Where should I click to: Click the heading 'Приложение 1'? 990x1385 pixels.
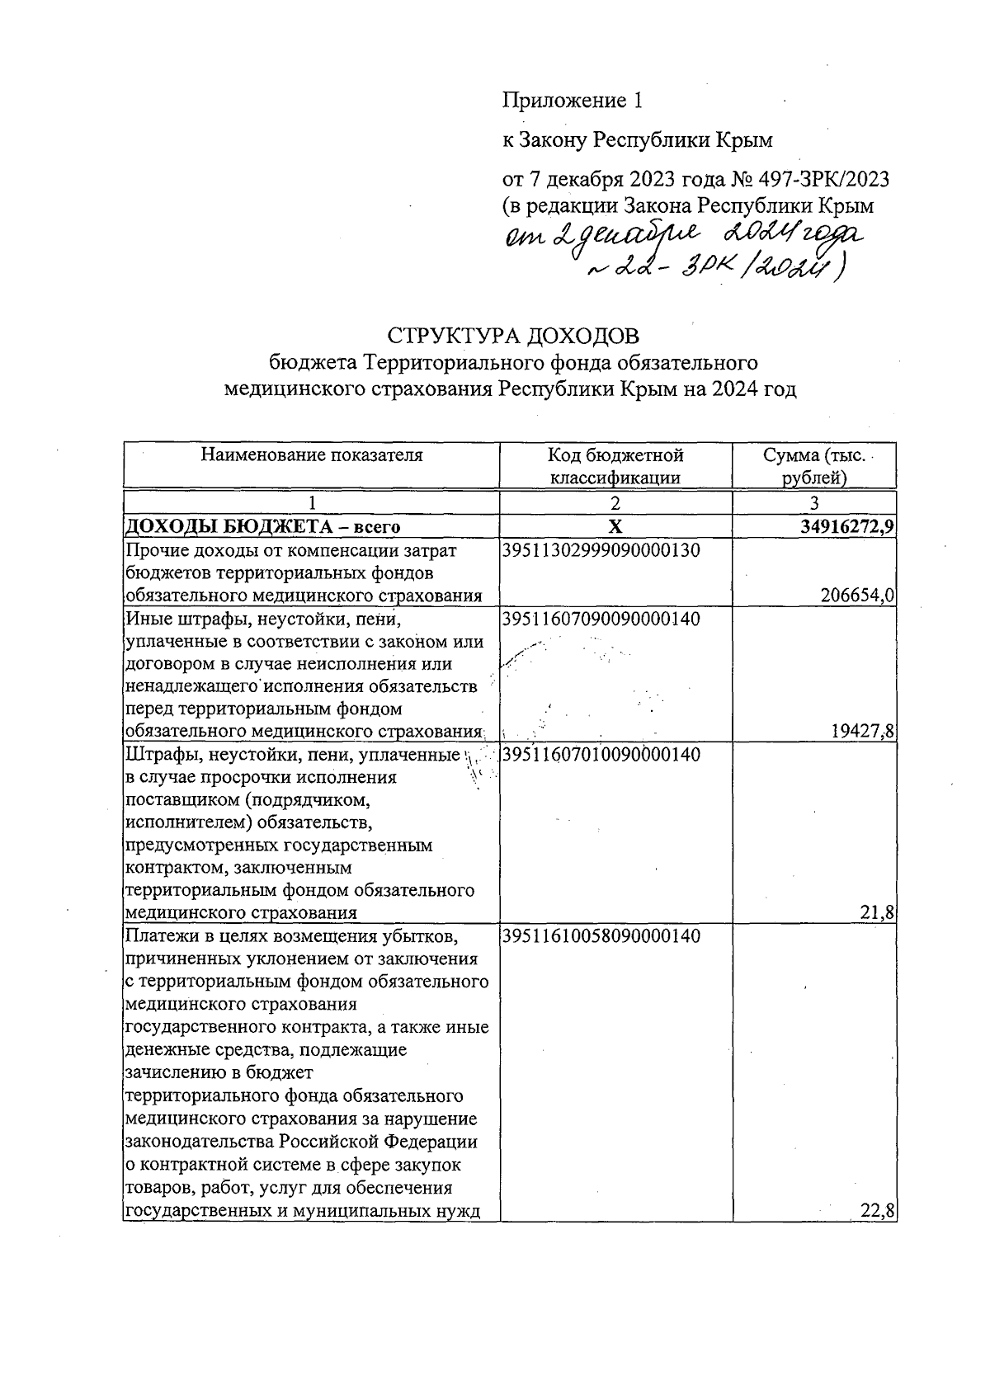pyautogui.click(x=572, y=101)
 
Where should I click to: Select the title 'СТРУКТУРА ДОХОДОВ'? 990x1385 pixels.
pyautogui.click(x=512, y=337)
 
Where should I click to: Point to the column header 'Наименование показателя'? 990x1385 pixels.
pyautogui.click(x=312, y=455)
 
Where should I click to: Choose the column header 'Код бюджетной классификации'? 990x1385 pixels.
pyautogui.click(x=615, y=466)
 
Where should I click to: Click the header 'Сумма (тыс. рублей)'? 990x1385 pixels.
pyautogui.click(x=813, y=466)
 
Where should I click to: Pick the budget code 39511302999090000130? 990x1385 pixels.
pyautogui.click(x=601, y=550)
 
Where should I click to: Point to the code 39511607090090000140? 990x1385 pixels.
pyautogui.click(x=601, y=619)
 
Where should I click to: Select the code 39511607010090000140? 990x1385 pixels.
pyautogui.click(x=601, y=754)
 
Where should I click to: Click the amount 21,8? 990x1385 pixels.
pyautogui.click(x=879, y=912)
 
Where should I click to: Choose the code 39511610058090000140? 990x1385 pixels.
pyautogui.click(x=601, y=936)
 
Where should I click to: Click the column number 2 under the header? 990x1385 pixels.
pyautogui.click(x=615, y=504)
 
